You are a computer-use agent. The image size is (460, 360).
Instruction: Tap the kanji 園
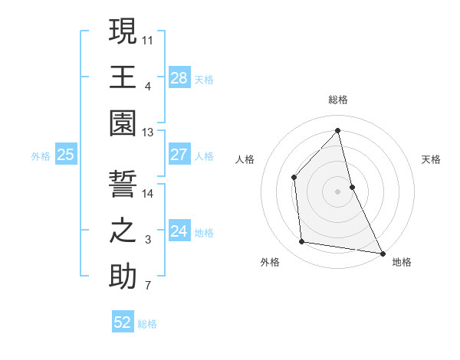(x=123, y=124)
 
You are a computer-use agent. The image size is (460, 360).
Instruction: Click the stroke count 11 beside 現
(x=148, y=39)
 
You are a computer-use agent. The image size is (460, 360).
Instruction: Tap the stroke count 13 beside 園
(x=148, y=133)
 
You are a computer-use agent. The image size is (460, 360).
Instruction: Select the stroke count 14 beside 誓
(x=148, y=194)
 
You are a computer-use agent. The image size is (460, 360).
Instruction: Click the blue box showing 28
(x=179, y=77)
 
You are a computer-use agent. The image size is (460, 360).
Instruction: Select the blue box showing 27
(x=179, y=155)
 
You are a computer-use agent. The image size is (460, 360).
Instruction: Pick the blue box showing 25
(x=66, y=155)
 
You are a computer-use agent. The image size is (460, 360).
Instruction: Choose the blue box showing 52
(x=123, y=322)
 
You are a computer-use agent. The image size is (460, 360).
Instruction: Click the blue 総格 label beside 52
(x=147, y=324)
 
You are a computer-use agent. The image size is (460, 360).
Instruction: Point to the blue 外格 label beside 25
(x=41, y=156)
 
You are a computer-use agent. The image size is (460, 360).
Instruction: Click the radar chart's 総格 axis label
(x=338, y=100)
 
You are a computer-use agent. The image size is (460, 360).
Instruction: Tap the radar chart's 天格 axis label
(x=431, y=159)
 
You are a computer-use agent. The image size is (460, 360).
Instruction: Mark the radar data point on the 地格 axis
(x=382, y=253)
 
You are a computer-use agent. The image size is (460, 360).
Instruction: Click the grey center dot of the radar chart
(x=338, y=191)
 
